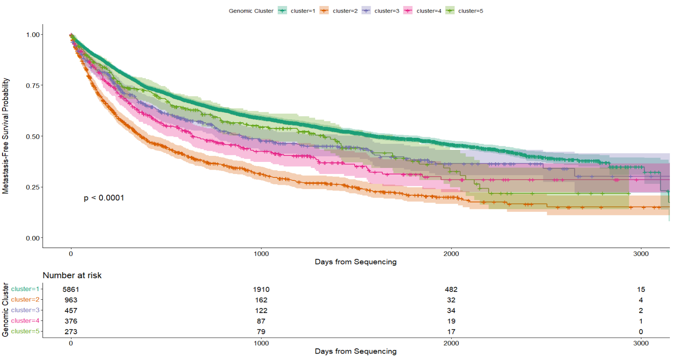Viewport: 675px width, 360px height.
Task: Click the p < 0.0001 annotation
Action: coord(104,198)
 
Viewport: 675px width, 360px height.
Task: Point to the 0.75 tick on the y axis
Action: coord(33,85)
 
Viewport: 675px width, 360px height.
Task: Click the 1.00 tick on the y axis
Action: coord(33,34)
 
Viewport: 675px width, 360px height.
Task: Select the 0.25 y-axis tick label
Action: coord(33,187)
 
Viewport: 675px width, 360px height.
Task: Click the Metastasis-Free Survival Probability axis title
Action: coord(6,136)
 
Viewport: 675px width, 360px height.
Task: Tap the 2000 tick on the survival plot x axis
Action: coord(451,254)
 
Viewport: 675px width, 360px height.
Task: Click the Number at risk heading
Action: coord(72,275)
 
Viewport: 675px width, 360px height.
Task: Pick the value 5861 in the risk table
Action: coord(71,289)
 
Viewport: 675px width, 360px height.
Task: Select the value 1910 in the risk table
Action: coord(261,289)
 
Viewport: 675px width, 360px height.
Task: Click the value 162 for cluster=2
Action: coord(261,300)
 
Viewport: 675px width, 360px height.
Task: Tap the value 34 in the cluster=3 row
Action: coord(451,310)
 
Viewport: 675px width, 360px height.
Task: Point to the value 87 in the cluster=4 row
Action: coord(261,321)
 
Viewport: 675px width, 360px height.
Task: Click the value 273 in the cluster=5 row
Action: coord(71,332)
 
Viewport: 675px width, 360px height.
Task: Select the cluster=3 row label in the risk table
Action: coord(25,310)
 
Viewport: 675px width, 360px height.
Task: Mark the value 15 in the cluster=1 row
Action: coord(641,289)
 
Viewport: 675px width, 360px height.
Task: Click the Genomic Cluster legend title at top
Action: coord(251,11)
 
